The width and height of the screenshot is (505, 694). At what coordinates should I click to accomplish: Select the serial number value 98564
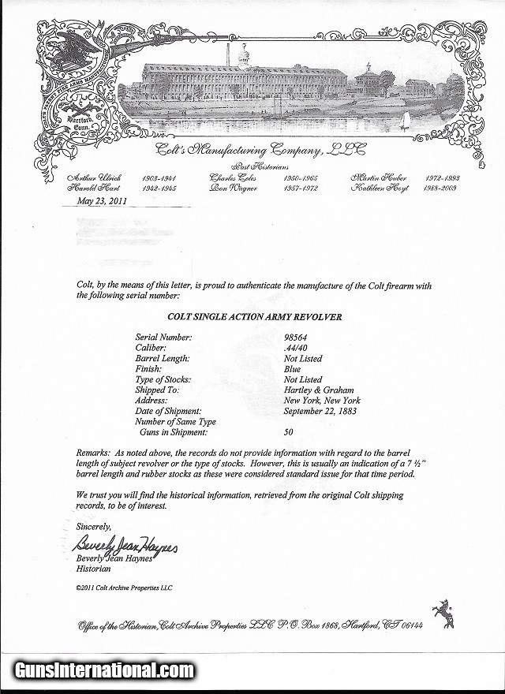[297, 338]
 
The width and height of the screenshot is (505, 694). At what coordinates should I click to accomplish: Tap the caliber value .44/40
[297, 348]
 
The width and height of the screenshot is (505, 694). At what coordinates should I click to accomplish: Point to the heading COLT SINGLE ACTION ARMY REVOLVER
[242, 317]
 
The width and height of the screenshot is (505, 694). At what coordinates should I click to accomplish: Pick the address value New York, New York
[322, 401]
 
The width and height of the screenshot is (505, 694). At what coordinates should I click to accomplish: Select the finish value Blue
[291, 369]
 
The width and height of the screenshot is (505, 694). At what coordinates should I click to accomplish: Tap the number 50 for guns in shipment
[289, 432]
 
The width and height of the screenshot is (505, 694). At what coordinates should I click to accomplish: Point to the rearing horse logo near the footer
[443, 614]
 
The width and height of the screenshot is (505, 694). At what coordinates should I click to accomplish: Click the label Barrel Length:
[162, 359]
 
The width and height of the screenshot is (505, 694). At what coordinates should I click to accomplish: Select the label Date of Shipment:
[168, 411]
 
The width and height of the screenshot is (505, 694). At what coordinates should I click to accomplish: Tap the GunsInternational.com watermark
[103, 671]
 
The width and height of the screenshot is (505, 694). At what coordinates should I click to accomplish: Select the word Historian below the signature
[94, 568]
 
